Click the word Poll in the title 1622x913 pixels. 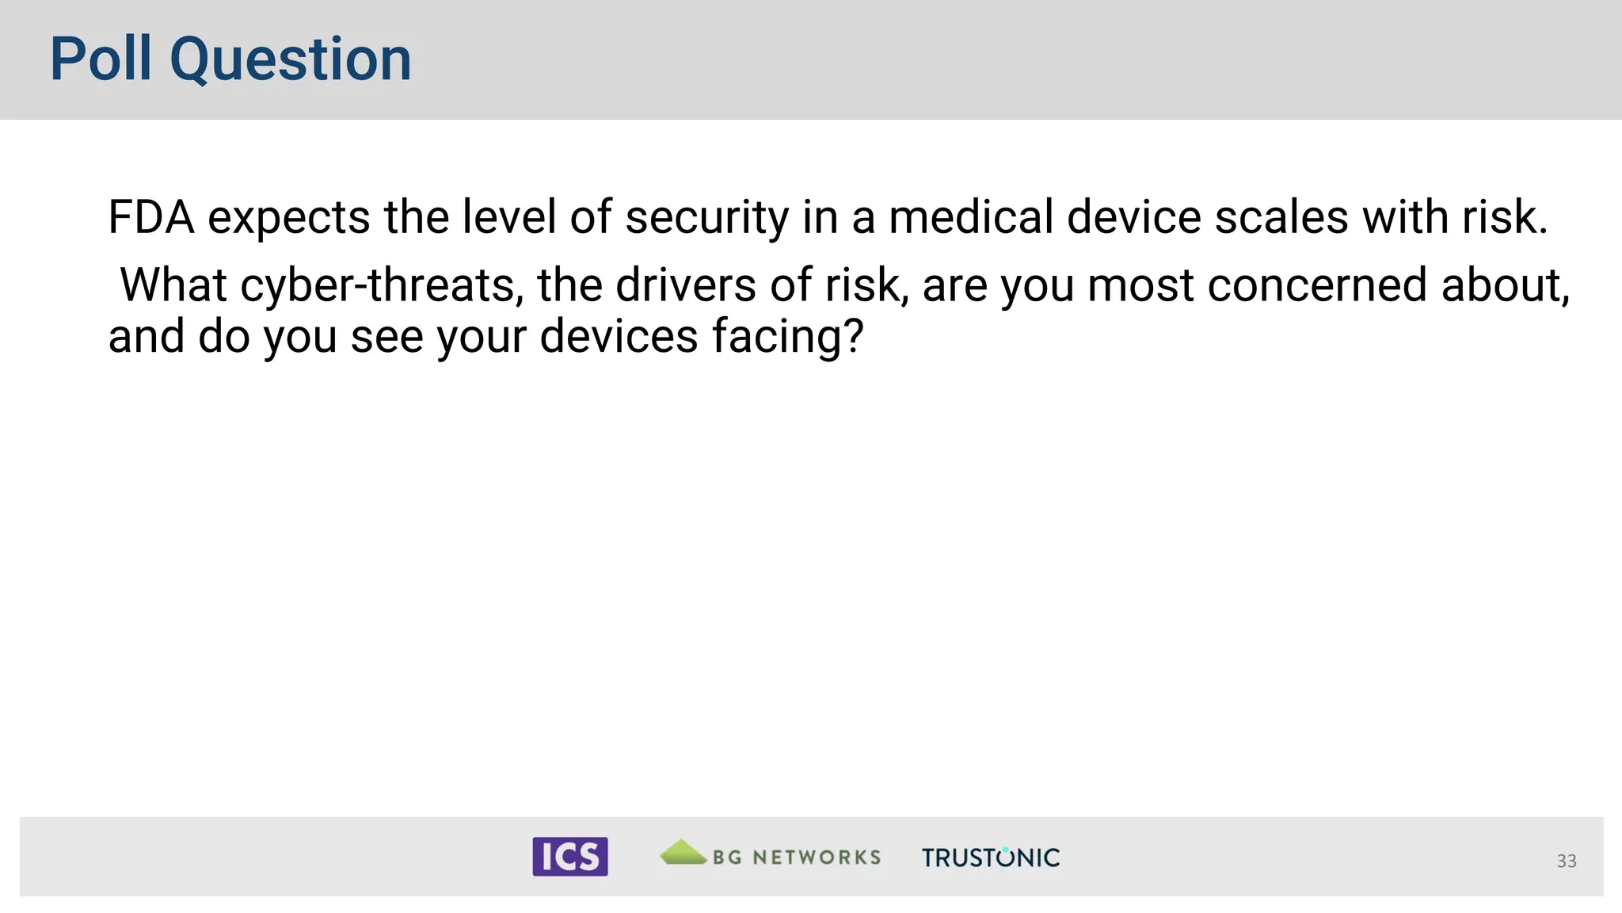click(x=101, y=59)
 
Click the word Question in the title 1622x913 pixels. click(x=291, y=60)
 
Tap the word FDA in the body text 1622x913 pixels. click(x=150, y=217)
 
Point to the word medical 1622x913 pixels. click(x=971, y=217)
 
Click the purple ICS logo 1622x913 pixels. click(x=569, y=856)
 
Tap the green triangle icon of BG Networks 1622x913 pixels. click(x=683, y=852)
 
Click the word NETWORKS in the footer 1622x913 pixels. click(x=817, y=858)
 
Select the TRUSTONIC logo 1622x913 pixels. click(x=990, y=858)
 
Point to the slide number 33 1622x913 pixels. click(x=1566, y=861)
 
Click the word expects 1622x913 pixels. click(x=288, y=217)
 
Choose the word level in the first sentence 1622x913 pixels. click(x=508, y=217)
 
